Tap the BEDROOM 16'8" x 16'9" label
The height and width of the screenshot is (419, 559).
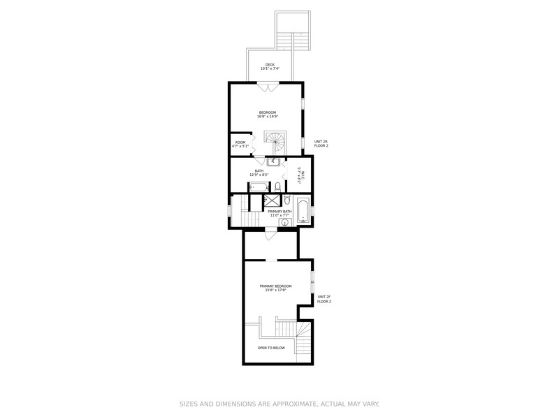(268, 115)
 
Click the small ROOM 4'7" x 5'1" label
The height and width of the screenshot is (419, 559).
(240, 145)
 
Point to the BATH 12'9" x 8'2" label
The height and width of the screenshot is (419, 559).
(259, 172)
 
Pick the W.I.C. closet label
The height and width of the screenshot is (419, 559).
(299, 174)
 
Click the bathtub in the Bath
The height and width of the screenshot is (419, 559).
(259, 186)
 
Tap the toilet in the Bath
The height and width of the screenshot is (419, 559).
(278, 186)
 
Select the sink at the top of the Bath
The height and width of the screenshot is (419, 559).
(273, 162)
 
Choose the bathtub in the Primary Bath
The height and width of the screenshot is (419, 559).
(303, 211)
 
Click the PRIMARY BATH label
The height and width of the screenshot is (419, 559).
(279, 212)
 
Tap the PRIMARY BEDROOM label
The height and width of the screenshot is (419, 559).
(275, 288)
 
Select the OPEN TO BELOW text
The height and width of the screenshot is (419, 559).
(271, 347)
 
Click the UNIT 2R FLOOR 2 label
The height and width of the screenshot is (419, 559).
(321, 144)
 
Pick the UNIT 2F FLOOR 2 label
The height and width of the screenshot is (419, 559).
(324, 299)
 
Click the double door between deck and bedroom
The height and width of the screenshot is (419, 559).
(268, 87)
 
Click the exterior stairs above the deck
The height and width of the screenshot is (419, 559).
(293, 31)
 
